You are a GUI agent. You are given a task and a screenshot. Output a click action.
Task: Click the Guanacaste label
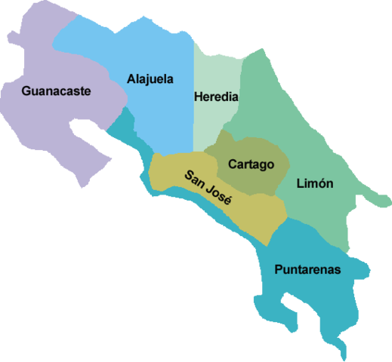tap(57, 91)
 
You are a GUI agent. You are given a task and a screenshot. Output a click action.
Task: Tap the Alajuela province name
tap(151, 78)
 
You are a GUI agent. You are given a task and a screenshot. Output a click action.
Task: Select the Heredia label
tap(216, 97)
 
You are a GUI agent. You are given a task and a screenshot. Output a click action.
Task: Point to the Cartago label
tap(250, 164)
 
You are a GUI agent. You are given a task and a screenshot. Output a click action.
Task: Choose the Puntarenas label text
tap(307, 269)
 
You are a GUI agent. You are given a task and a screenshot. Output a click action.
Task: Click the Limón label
tap(316, 183)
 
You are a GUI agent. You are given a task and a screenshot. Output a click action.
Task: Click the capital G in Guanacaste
tap(27, 91)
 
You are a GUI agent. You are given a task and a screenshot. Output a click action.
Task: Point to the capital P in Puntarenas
tap(279, 269)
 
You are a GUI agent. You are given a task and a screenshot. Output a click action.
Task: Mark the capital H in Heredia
tap(198, 97)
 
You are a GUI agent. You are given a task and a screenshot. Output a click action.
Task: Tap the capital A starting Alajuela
tap(131, 78)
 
